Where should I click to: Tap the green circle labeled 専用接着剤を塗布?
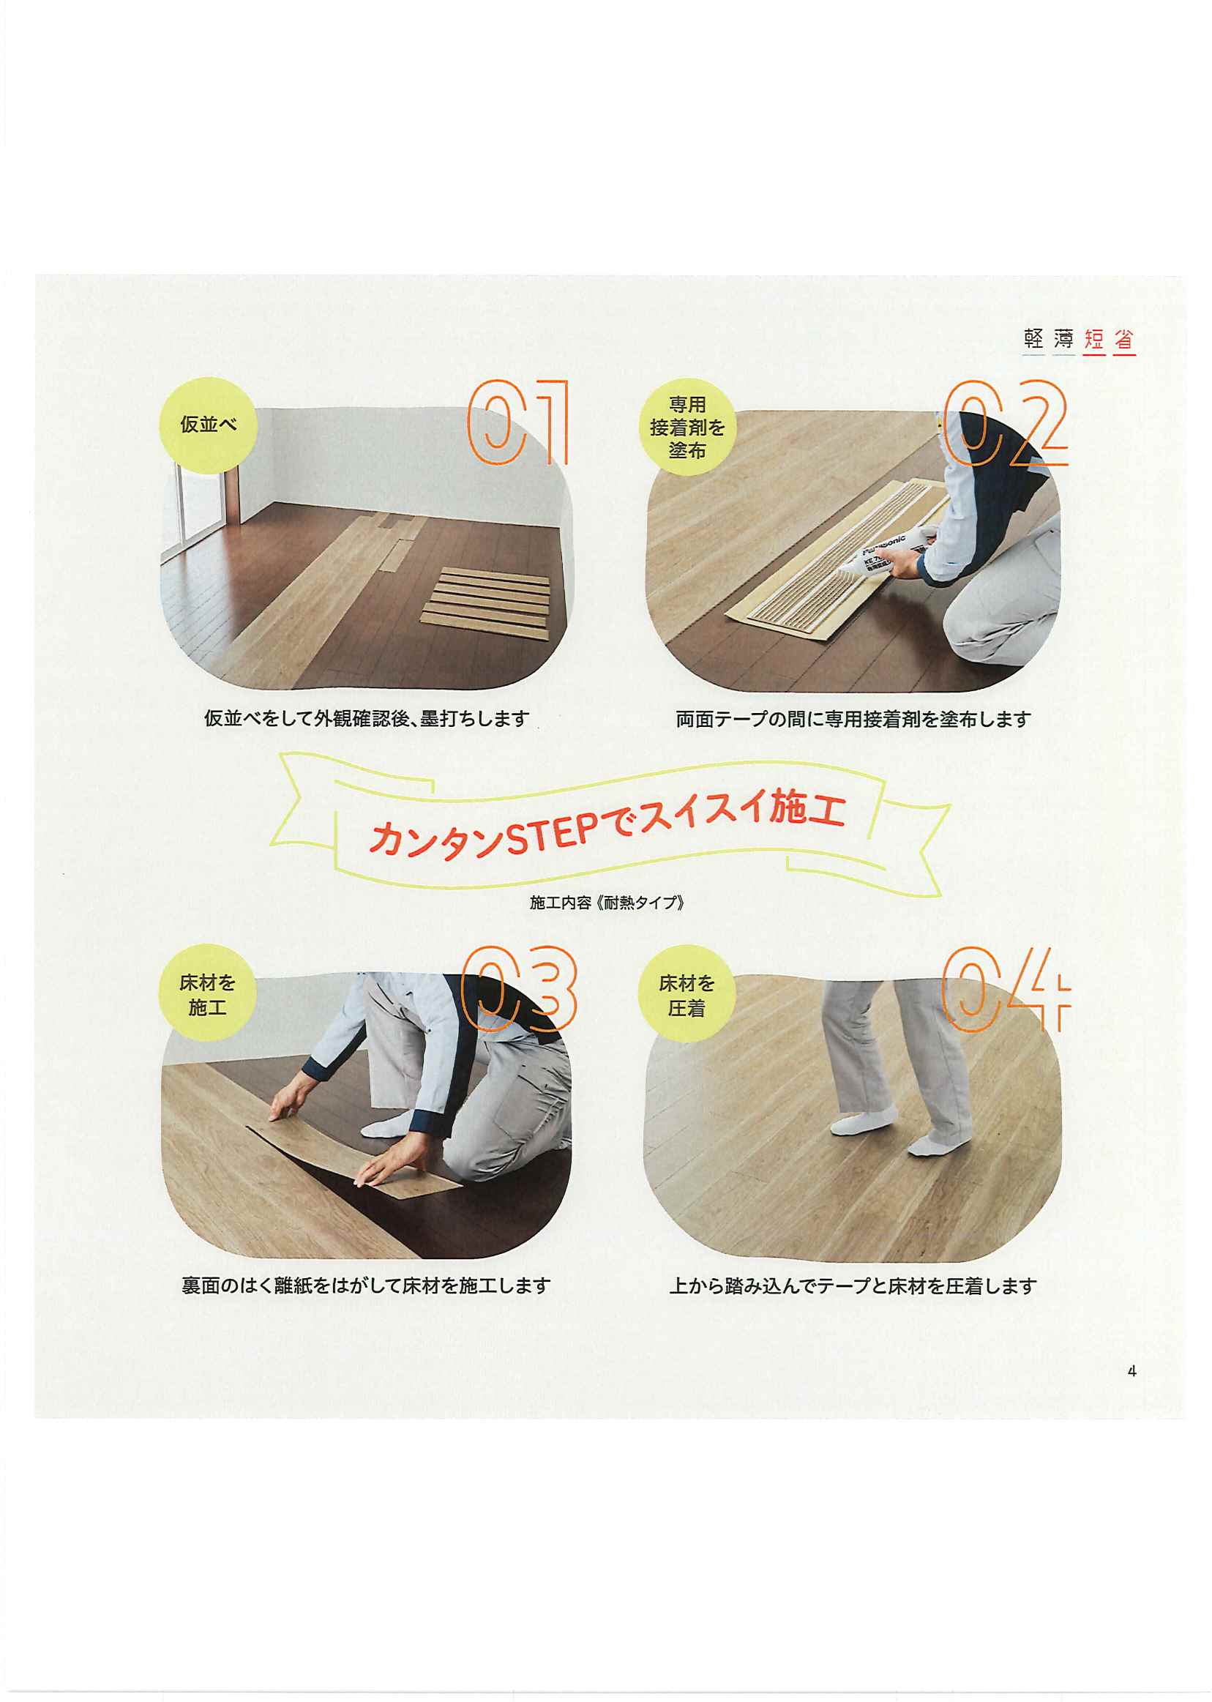coord(687,428)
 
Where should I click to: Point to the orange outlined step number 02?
coord(1006,422)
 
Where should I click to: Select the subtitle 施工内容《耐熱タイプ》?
coord(607,903)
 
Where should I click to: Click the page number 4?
coord(1132,1371)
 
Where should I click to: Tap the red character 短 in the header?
coord(1094,340)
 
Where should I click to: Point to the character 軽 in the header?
coord(1033,340)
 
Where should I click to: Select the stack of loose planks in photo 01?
coord(485,604)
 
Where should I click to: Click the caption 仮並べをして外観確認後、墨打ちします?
coord(367,719)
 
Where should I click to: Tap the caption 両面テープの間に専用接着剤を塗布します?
coord(853,719)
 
